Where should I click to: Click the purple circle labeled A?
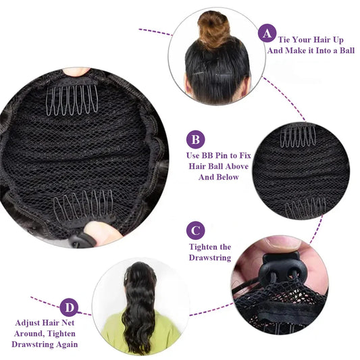tap(267, 33)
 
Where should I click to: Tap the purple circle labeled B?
tap(195, 139)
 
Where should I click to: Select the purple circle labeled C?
tap(195, 230)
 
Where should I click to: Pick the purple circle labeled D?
tap(69, 307)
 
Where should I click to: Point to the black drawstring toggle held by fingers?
tap(280, 267)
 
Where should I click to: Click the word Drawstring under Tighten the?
tap(210, 257)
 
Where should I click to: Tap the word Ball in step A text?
tap(347, 50)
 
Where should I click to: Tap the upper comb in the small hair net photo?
tap(298, 136)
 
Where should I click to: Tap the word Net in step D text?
tap(68, 323)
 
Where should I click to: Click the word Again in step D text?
tap(67, 344)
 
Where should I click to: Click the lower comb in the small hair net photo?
tap(305, 208)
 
